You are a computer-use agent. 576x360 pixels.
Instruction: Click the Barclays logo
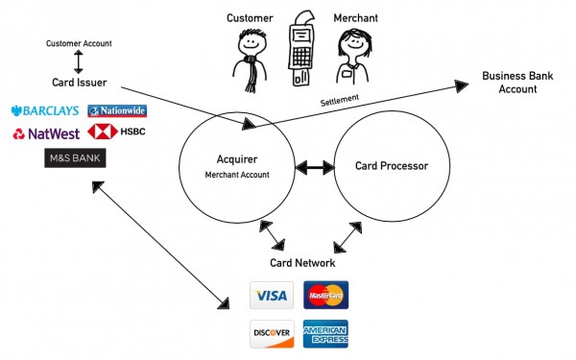(44, 111)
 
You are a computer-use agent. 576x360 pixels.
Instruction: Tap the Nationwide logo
(117, 111)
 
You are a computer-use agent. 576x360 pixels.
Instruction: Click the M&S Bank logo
(75, 157)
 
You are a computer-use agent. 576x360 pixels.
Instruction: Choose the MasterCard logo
(325, 295)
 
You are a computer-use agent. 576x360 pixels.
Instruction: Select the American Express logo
(325, 333)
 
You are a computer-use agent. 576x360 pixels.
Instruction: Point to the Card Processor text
(391, 166)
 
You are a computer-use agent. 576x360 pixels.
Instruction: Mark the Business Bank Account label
(511, 83)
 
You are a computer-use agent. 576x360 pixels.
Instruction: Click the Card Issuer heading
(80, 84)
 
